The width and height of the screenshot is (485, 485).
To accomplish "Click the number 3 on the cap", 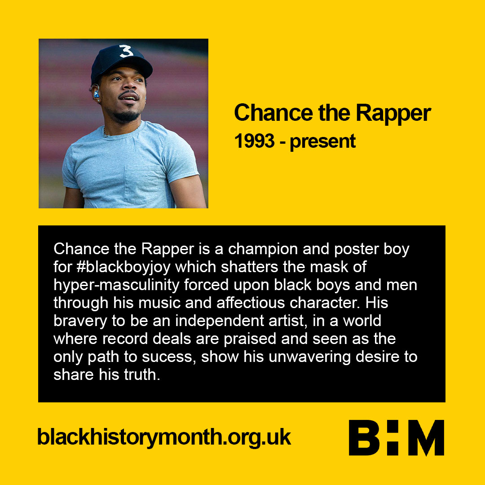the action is click(126, 51).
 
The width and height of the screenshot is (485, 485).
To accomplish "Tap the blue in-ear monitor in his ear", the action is click(96, 93).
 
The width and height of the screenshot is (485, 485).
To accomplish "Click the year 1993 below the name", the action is click(254, 141).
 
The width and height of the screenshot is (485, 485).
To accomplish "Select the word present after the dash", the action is click(322, 142).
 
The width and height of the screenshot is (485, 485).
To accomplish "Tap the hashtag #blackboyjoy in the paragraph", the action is click(123, 267).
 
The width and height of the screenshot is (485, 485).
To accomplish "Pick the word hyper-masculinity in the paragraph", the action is click(116, 285).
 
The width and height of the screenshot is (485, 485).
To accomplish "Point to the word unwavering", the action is click(309, 357).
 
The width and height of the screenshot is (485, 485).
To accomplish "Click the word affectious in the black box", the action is click(251, 303).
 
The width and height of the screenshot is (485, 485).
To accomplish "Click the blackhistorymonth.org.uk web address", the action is click(164, 437).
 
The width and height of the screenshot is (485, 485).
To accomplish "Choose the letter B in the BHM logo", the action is click(364, 438).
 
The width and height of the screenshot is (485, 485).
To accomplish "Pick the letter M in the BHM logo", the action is click(426, 438).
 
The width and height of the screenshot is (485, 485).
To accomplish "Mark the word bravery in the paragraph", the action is click(80, 321).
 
